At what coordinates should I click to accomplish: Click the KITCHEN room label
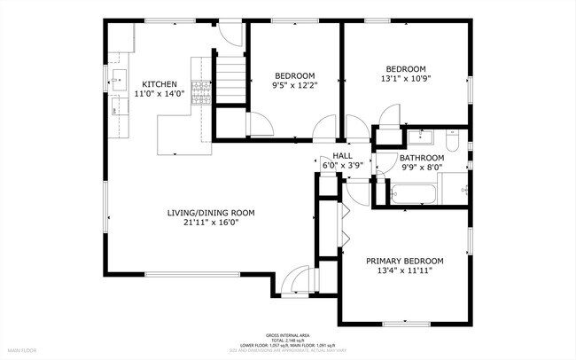click(x=160, y=83)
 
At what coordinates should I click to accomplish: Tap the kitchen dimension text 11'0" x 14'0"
click(x=160, y=93)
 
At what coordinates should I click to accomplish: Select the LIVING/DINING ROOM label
click(x=211, y=212)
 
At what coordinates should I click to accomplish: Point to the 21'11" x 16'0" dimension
click(x=211, y=223)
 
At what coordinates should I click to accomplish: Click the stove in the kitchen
click(x=201, y=88)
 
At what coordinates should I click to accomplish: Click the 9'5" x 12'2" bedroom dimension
click(x=292, y=86)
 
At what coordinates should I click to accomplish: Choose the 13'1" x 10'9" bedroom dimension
click(x=405, y=79)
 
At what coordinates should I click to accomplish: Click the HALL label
click(x=342, y=154)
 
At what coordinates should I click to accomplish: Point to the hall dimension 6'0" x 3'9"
click(x=342, y=164)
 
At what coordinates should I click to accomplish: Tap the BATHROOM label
click(x=421, y=158)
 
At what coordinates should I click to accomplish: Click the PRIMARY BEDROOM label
click(x=404, y=261)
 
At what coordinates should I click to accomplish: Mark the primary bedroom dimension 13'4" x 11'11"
click(x=404, y=271)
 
